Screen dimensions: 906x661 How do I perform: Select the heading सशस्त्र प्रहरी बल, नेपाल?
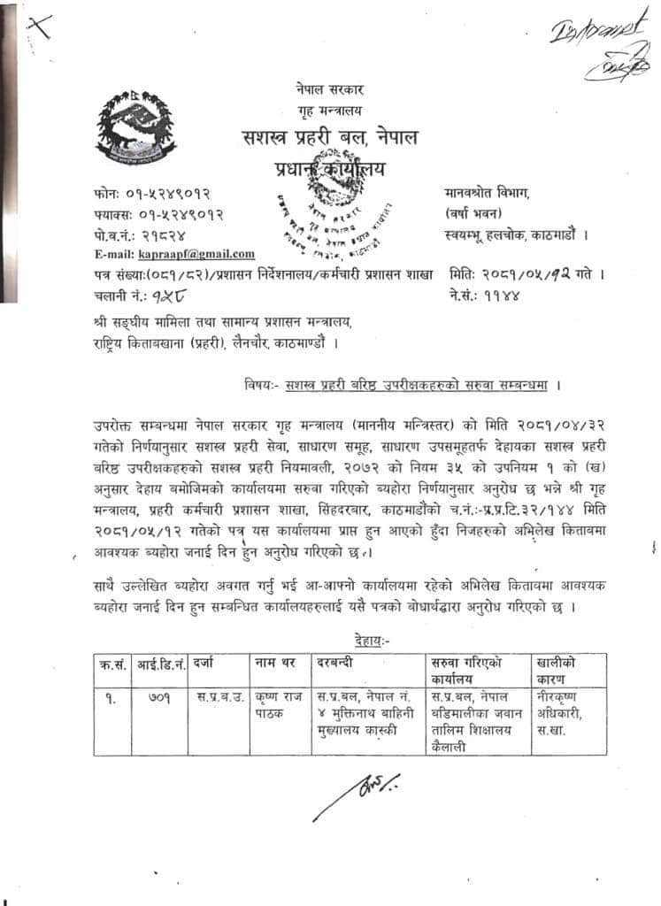(x=330, y=138)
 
